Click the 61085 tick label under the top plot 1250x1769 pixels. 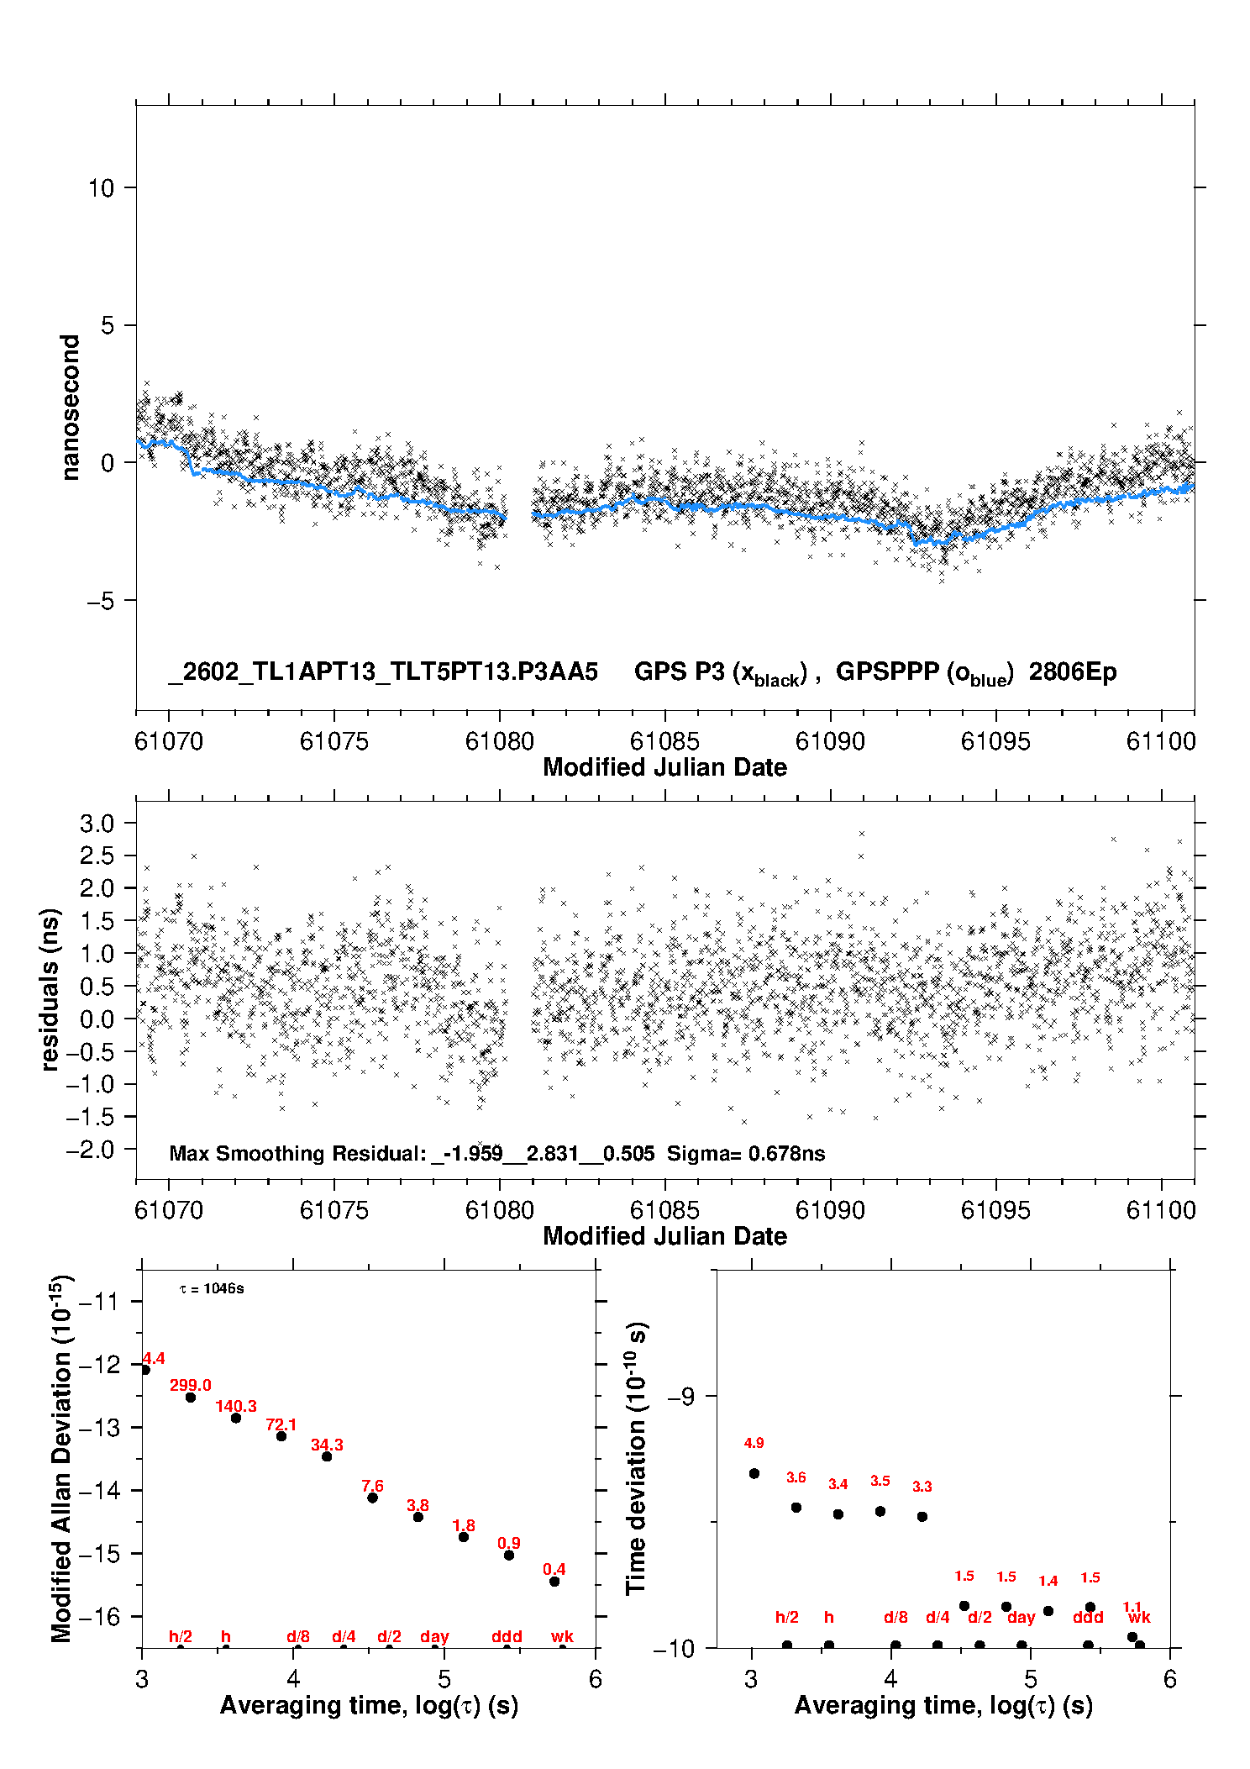point(664,741)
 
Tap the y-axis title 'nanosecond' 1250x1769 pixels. point(71,408)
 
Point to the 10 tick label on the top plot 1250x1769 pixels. point(101,188)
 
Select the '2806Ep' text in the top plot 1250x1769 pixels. point(1073,671)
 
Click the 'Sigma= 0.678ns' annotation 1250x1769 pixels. point(746,1153)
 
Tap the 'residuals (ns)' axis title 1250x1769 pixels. point(50,989)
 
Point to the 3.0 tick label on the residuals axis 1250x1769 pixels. point(97,824)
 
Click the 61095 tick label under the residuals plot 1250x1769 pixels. point(995,1210)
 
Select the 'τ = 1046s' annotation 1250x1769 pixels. point(213,1289)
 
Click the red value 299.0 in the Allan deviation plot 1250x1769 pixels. point(191,1385)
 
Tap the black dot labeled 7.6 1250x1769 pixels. point(372,1498)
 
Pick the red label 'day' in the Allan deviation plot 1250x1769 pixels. point(434,1636)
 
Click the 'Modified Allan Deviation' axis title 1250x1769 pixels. point(62,1457)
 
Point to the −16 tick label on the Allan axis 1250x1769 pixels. point(98,1616)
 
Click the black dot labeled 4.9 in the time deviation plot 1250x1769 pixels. point(754,1473)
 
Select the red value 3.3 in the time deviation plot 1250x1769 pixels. point(922,1487)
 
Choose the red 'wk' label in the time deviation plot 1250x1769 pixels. point(1139,1617)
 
